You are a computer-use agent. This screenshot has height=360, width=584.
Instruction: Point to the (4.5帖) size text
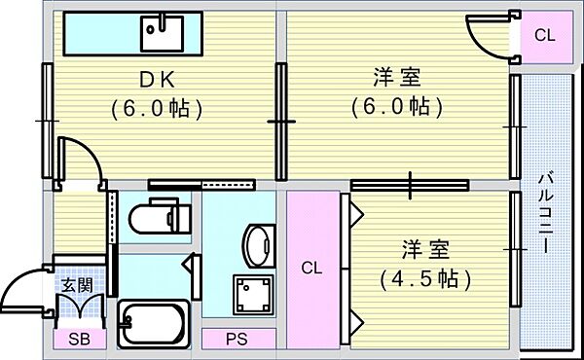coord(426,278)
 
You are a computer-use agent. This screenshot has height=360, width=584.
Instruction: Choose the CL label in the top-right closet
coord(544,36)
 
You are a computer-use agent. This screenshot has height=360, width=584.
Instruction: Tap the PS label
coord(237,340)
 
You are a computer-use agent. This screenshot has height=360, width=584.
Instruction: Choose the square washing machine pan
coord(251,292)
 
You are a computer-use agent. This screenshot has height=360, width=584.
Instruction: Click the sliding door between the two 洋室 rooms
coord(410,183)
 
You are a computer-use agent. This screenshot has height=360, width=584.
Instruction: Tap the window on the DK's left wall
coord(46,120)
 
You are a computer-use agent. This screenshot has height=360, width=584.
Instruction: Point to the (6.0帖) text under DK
coord(156,107)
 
